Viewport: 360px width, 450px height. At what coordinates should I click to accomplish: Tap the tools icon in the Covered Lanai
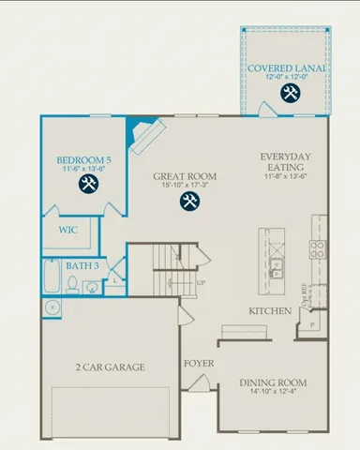point(289,93)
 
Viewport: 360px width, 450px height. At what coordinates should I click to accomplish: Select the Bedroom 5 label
point(83,161)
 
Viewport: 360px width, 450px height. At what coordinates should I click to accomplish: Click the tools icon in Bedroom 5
point(89,183)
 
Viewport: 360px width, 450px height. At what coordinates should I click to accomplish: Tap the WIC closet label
point(67,229)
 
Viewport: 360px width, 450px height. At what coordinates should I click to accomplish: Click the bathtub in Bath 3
point(52,277)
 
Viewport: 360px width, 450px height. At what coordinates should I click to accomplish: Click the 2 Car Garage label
point(110,367)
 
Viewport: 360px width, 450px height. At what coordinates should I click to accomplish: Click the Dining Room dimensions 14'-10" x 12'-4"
point(274,393)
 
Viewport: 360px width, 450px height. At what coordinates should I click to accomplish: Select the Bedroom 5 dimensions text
point(83,171)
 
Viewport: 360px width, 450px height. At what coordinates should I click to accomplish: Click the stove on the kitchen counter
point(318,248)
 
